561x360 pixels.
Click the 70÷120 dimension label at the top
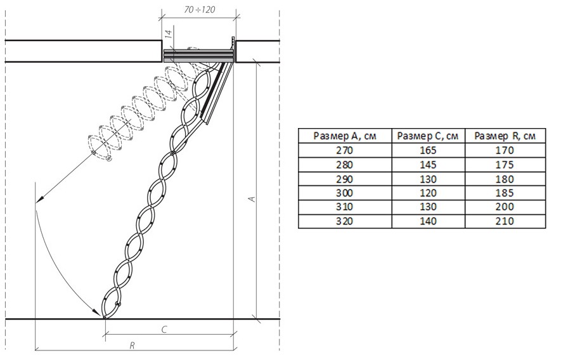tap(200, 10)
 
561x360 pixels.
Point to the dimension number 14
tap(169, 34)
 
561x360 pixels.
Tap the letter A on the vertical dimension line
tap(252, 198)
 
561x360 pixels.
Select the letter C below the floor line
tap(164, 329)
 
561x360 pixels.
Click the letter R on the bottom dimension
tap(132, 345)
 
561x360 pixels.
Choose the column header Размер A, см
tap(345, 136)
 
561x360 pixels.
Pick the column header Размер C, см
tap(428, 136)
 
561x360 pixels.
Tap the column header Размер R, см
tap(505, 136)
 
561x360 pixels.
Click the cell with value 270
tap(345, 150)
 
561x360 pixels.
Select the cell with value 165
tap(429, 150)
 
